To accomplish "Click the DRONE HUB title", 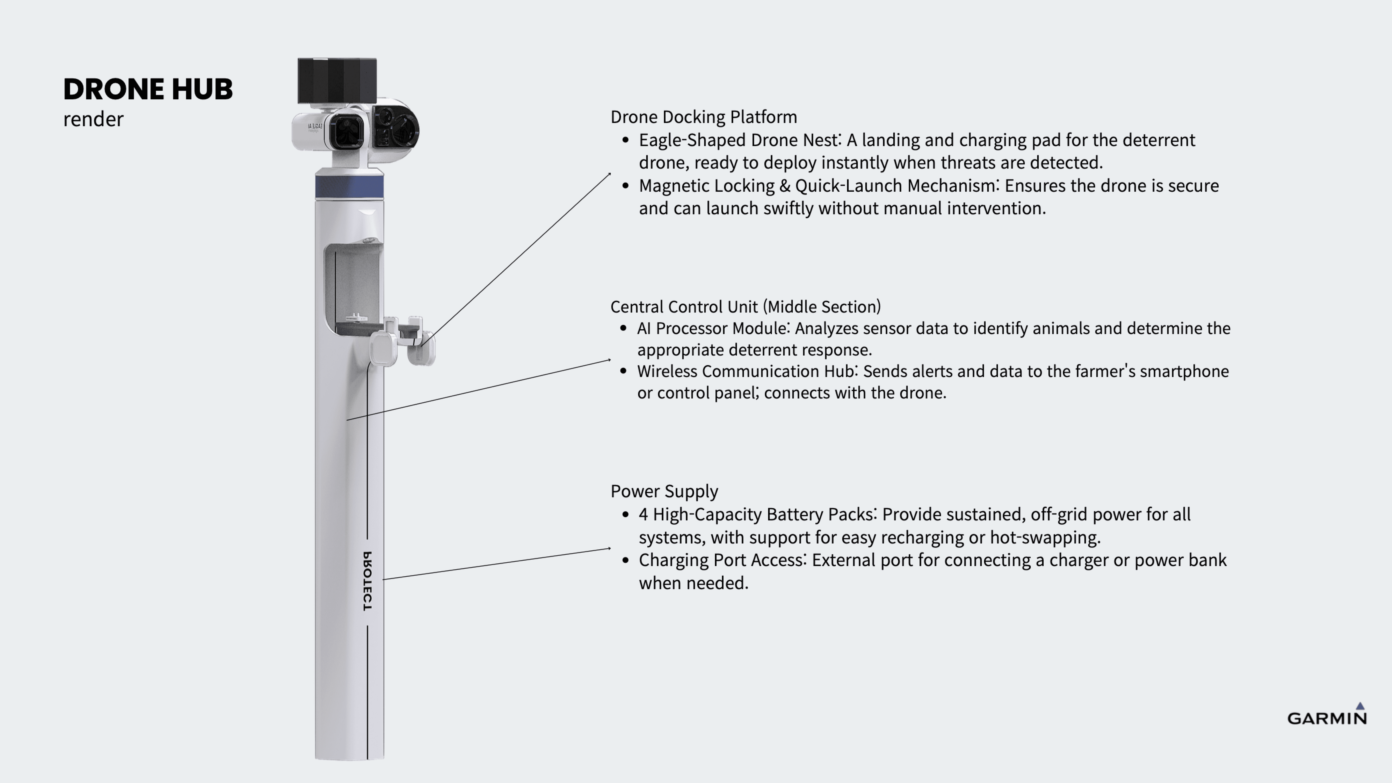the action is click(x=148, y=89).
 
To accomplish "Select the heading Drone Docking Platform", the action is click(x=704, y=117).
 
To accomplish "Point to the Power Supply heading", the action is click(x=664, y=491).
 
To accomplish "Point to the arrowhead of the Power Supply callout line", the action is click(x=610, y=548).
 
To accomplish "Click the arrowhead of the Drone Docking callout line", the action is click(x=610, y=174).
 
